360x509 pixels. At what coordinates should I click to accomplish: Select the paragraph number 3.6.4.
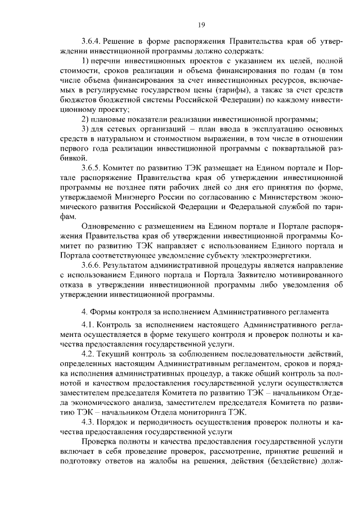(92, 42)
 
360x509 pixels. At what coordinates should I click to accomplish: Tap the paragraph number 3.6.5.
(92, 168)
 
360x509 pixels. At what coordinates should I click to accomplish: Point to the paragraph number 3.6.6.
(92, 264)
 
